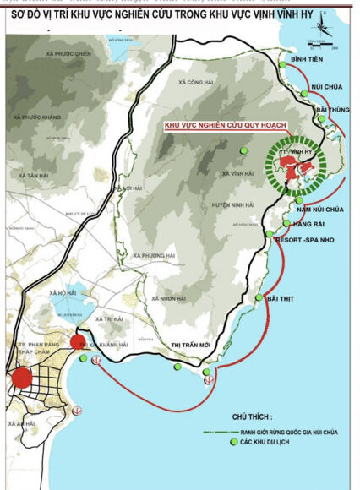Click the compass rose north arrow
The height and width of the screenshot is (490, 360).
(321, 31)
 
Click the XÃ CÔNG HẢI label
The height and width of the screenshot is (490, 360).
(199, 83)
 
